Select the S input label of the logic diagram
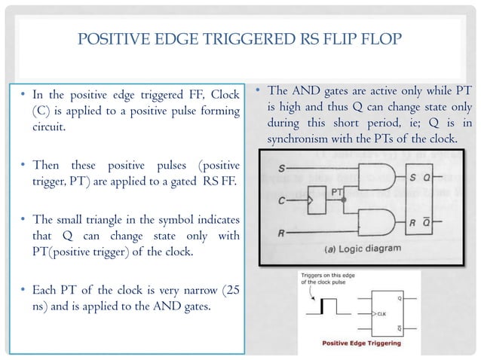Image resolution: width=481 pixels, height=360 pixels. coord(281,168)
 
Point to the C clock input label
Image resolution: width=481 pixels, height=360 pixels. coord(281,201)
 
